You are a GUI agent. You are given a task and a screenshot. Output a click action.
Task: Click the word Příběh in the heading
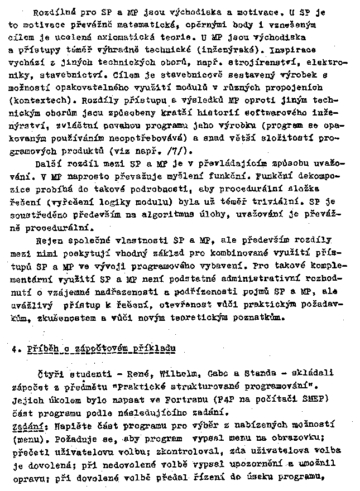[x=41, y=349]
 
